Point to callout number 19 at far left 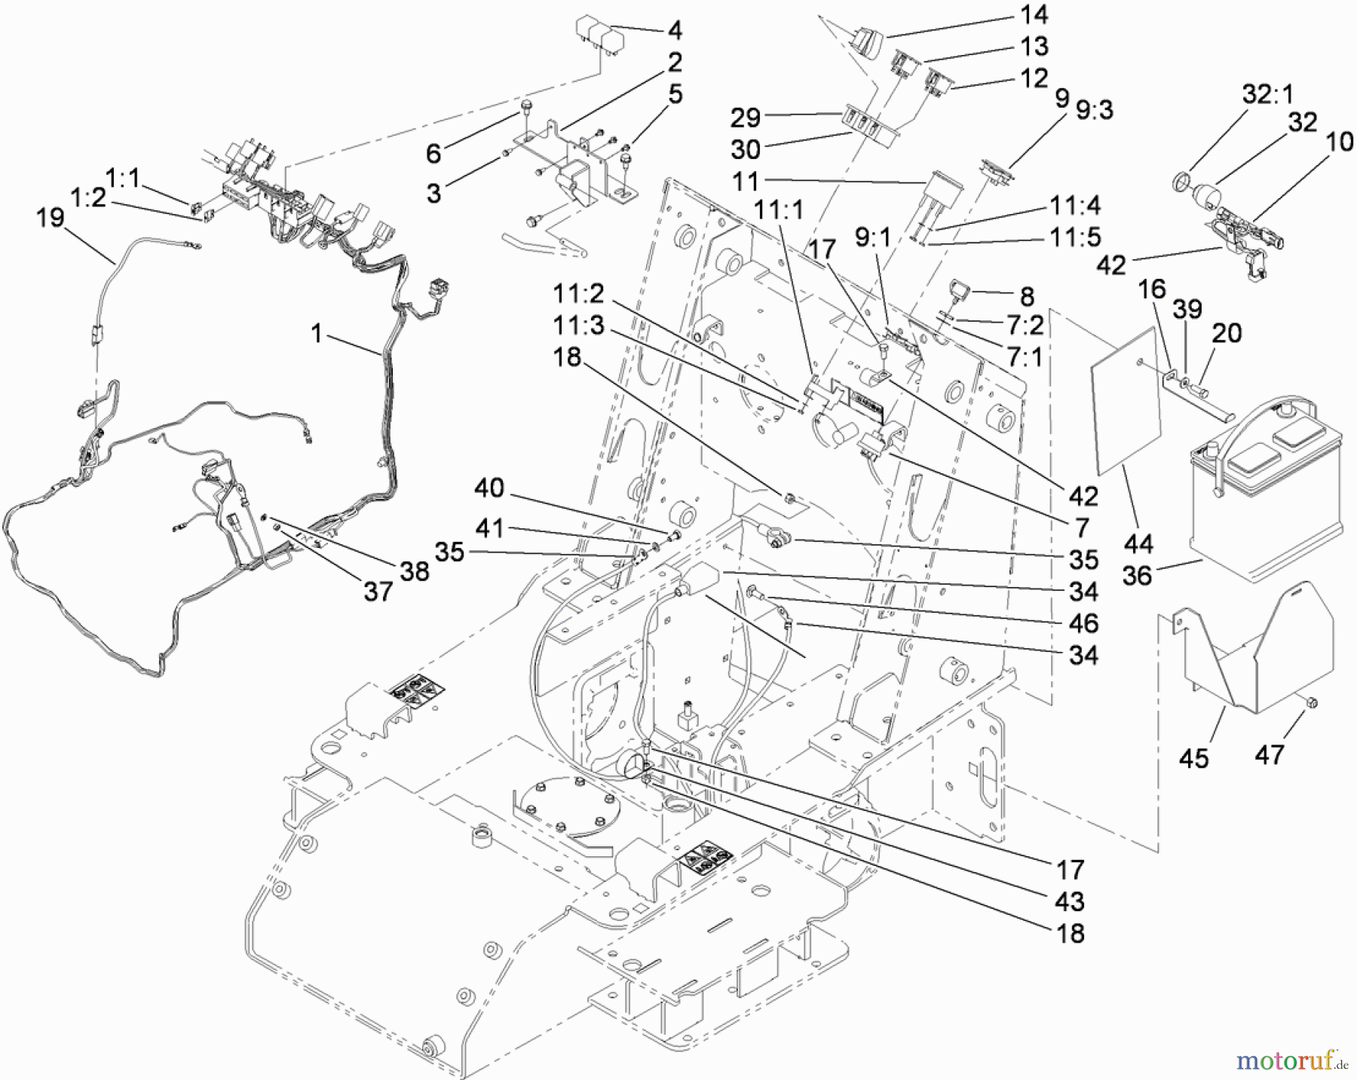pos(51,219)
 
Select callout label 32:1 pos(1267,93)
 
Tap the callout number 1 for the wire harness pos(317,332)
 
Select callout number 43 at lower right pos(1070,901)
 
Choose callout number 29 pos(745,118)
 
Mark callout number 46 pos(1083,623)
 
